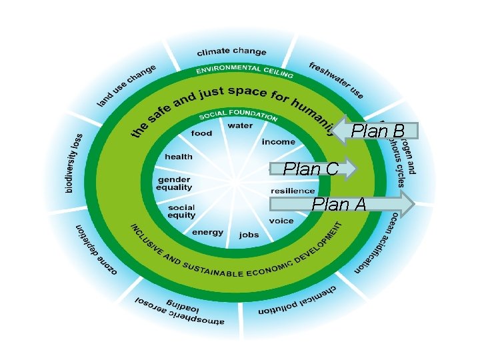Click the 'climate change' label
point(231,52)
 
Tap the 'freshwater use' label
point(337,80)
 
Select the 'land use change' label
point(127,85)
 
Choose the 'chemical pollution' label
point(299,297)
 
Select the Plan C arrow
point(313,170)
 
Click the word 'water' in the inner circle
point(240,125)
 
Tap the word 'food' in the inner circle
point(201,133)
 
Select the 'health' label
point(179,157)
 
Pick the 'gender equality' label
point(174,183)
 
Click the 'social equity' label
point(182,211)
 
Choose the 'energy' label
point(207,232)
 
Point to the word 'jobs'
point(249,235)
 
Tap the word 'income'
point(278,142)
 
